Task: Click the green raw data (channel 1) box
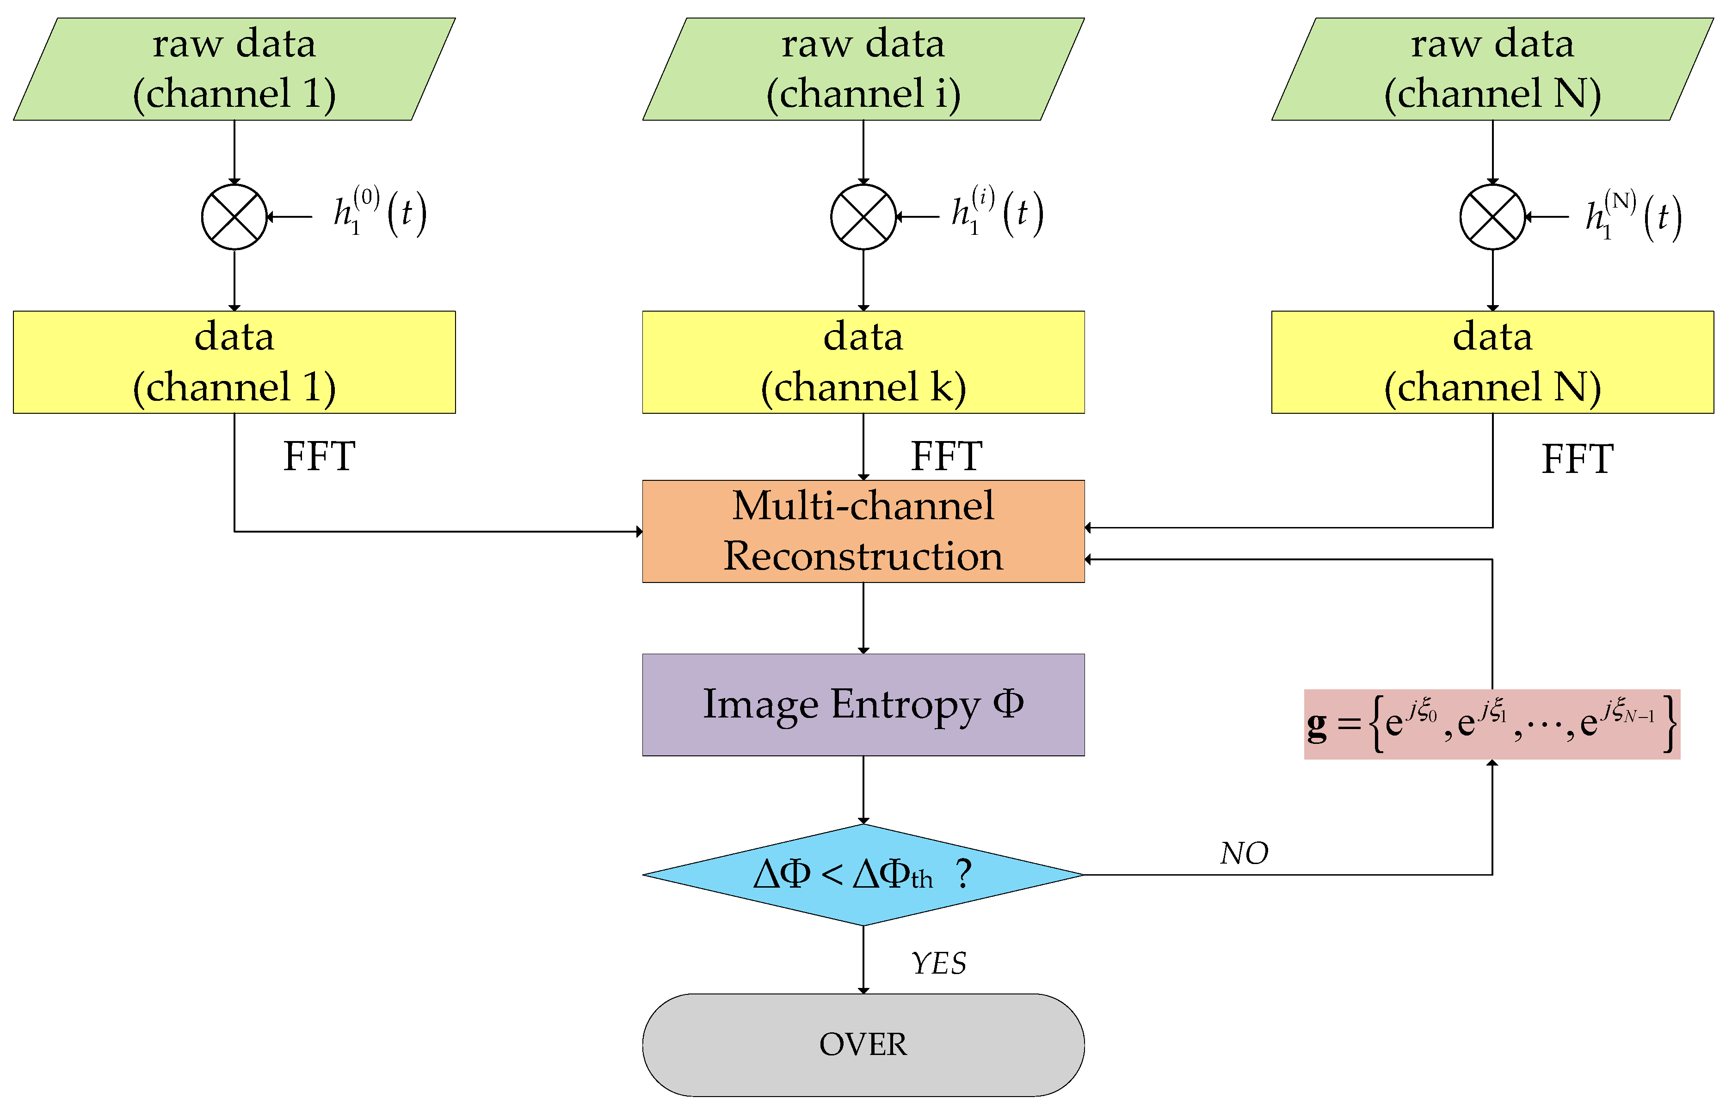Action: pyautogui.click(x=234, y=69)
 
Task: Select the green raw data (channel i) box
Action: pyautogui.click(x=863, y=69)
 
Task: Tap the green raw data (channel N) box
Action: pyautogui.click(x=1492, y=69)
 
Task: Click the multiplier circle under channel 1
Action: pyautogui.click(x=234, y=217)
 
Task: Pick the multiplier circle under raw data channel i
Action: pyautogui.click(x=863, y=217)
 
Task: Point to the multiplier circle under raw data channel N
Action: pyautogui.click(x=1492, y=217)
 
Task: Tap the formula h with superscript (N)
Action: pyautogui.click(x=1633, y=216)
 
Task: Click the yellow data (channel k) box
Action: pyautogui.click(x=863, y=362)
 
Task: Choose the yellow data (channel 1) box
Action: pyautogui.click(x=234, y=362)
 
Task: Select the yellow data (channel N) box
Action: pyautogui.click(x=1492, y=362)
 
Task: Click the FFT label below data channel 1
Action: pyautogui.click(x=319, y=457)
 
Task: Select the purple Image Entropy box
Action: pyautogui.click(x=863, y=705)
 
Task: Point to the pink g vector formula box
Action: pyautogui.click(x=1492, y=724)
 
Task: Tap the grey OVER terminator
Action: pyautogui.click(x=863, y=1044)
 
